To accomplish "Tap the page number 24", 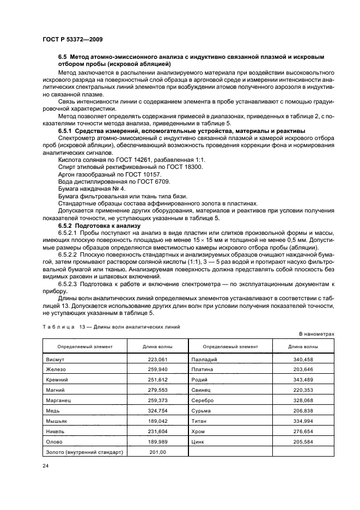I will [46, 466].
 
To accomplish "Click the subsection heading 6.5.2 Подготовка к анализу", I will [99, 225].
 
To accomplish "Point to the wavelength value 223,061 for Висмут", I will [157, 360].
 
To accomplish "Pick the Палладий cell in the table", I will [204, 360].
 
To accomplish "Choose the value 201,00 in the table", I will [157, 452].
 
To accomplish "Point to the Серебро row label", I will [203, 400].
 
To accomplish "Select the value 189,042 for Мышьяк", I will [157, 421].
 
